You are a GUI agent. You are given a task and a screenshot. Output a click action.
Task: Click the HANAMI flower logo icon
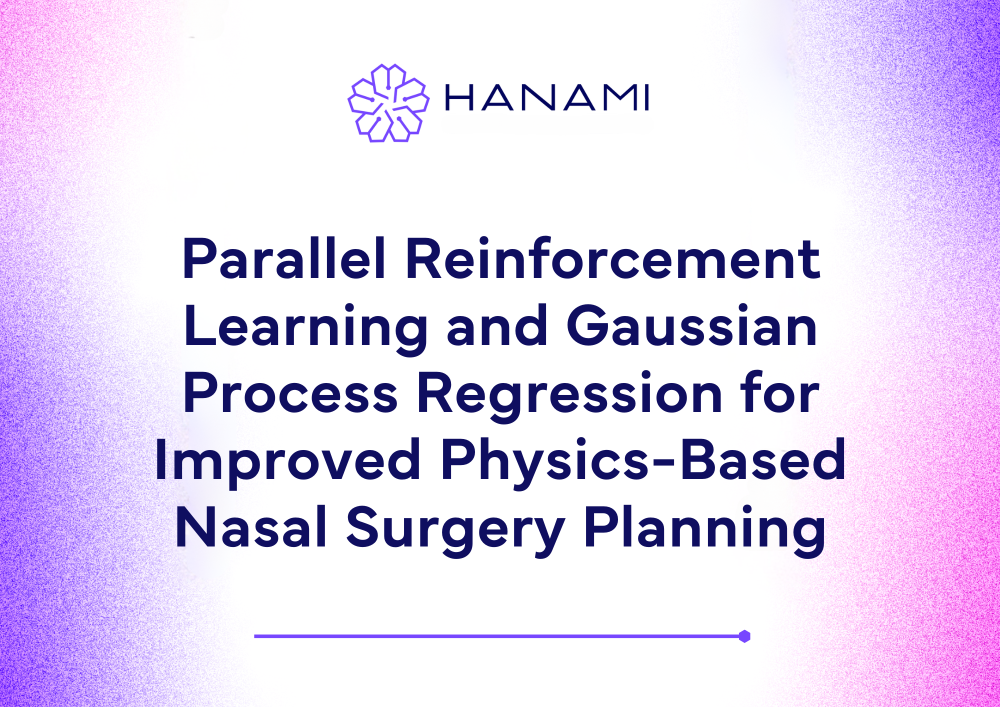pyautogui.click(x=388, y=103)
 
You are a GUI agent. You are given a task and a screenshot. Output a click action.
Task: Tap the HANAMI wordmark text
pyautogui.click(x=547, y=97)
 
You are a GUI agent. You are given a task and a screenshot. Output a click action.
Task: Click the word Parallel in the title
pyautogui.click(x=284, y=258)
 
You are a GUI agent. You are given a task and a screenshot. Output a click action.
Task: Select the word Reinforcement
pyautogui.click(x=613, y=258)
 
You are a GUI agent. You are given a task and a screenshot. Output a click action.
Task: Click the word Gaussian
pyautogui.click(x=692, y=325)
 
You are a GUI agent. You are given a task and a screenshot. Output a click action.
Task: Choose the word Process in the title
pyautogui.click(x=290, y=393)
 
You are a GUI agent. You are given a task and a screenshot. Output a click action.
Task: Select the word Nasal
pyautogui.click(x=251, y=527)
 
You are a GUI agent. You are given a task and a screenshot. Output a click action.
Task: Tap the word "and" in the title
pyautogui.click(x=497, y=325)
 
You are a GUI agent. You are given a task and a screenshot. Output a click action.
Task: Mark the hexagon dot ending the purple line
pyautogui.click(x=744, y=636)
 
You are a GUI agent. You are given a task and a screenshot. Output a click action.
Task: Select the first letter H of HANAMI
pyautogui.click(x=458, y=97)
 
